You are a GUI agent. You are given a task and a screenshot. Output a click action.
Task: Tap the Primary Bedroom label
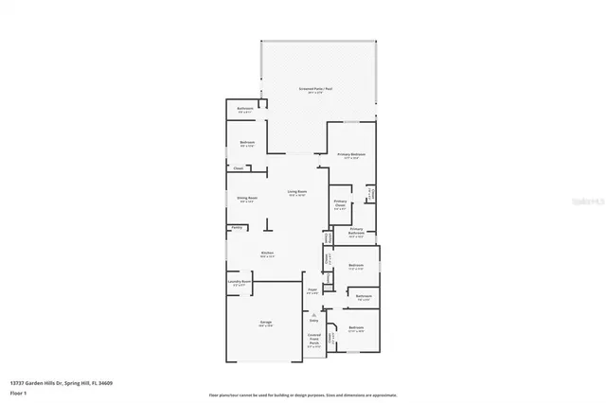click(351, 155)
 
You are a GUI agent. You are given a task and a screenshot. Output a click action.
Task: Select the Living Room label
click(297, 192)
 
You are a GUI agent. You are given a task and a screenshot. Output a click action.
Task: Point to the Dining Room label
click(246, 199)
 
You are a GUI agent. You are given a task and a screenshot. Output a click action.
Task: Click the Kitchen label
click(268, 254)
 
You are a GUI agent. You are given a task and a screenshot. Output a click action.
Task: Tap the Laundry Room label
click(240, 282)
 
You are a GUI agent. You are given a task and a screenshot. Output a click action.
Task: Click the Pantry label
click(236, 227)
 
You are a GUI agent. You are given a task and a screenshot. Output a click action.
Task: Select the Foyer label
click(312, 290)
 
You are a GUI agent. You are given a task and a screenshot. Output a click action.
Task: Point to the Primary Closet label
click(340, 204)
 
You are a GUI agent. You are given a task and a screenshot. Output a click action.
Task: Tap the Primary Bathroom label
click(357, 232)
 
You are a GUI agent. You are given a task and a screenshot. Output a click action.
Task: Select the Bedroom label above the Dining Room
click(247, 145)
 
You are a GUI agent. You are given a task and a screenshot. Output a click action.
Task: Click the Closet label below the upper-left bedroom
click(238, 168)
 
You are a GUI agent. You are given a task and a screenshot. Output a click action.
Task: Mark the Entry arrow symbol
click(313, 317)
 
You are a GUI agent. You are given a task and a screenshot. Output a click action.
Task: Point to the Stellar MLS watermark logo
click(588, 201)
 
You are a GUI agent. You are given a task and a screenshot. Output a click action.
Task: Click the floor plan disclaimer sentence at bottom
click(303, 394)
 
